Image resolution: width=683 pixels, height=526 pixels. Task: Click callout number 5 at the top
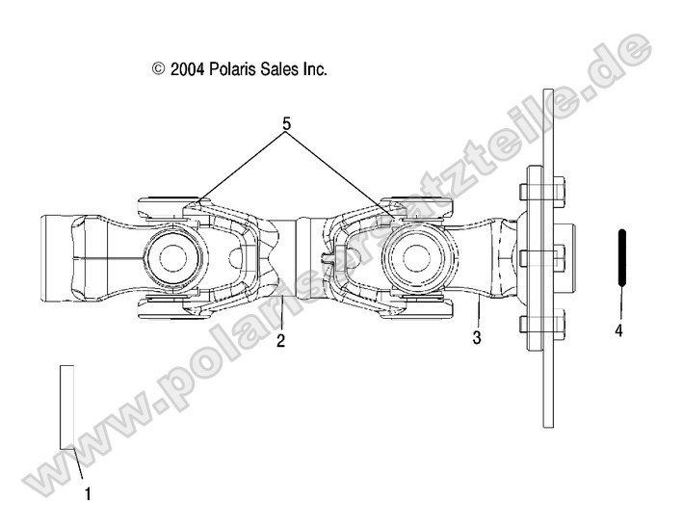tap(286, 124)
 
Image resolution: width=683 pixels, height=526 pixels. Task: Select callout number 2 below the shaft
tap(280, 340)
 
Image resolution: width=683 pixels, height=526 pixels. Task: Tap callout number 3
tap(476, 338)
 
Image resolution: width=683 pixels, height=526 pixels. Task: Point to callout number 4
tap(619, 330)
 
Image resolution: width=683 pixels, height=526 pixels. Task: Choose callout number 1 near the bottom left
tap(88, 494)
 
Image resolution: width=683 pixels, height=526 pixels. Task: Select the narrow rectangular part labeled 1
tap(66, 406)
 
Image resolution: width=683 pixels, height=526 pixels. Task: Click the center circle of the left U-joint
tap(174, 257)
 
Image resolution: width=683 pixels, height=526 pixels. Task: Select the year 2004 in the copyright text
tap(186, 69)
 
